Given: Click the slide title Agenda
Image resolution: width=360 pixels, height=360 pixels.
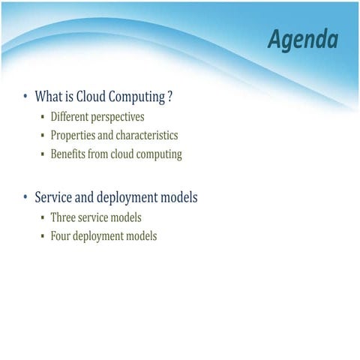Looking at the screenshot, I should click(302, 40).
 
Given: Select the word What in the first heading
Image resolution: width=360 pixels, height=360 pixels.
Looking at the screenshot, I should click(49, 97).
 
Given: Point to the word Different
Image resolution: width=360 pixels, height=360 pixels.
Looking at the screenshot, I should click(69, 117).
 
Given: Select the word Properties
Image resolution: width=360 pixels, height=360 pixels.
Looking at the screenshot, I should click(73, 136).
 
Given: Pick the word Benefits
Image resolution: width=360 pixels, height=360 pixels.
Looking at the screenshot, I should click(69, 154).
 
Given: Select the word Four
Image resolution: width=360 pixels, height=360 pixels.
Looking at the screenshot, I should click(61, 235).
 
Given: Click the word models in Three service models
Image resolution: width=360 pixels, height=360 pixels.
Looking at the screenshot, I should click(124, 217).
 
